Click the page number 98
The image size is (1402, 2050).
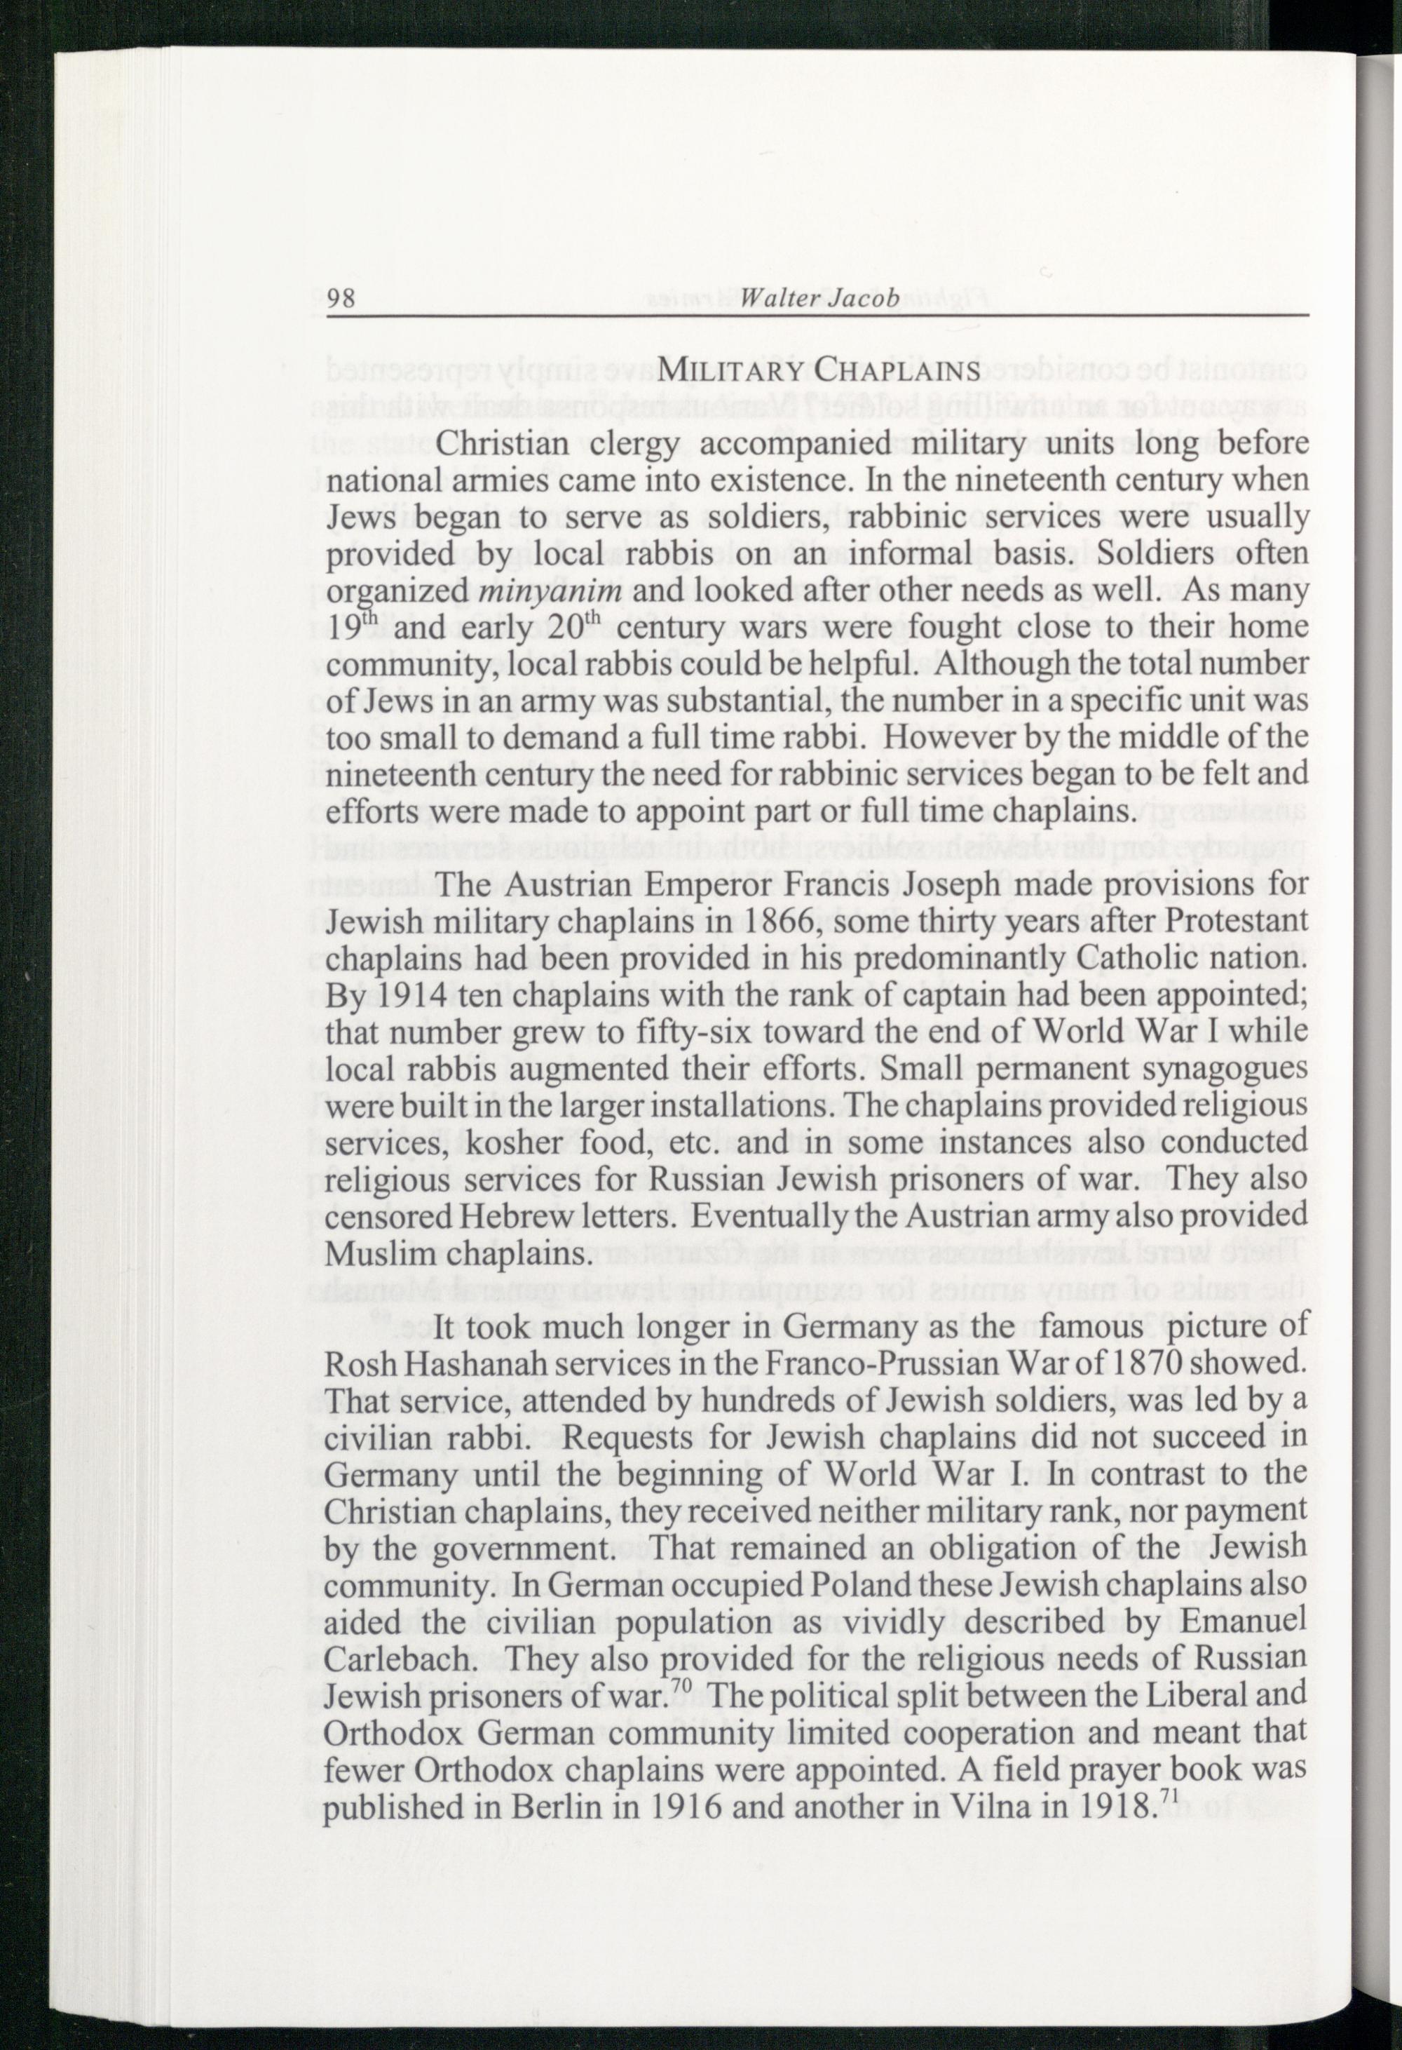coord(341,298)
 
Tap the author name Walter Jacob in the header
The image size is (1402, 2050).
coord(821,298)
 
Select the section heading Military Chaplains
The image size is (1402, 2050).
coord(819,370)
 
